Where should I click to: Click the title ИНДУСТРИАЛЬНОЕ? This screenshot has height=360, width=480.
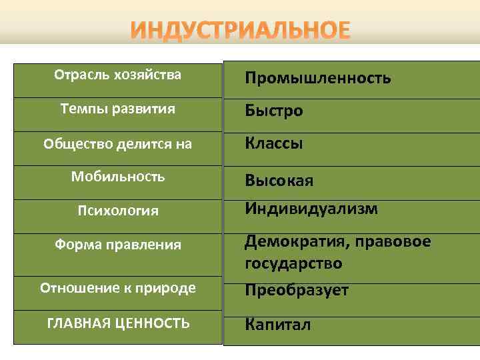239,31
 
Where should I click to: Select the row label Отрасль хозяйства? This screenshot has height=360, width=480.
117,75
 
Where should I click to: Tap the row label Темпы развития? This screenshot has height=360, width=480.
117,109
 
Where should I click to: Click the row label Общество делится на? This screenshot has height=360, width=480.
117,143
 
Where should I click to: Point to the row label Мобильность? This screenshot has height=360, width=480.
117,177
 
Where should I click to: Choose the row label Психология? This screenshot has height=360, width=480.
117,211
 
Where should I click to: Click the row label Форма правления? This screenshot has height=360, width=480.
117,245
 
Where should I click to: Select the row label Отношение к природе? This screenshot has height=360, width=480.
117,288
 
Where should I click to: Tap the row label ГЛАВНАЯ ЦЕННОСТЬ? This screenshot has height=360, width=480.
117,323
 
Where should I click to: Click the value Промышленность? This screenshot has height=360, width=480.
318,79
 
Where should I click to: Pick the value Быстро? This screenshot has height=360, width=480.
273,111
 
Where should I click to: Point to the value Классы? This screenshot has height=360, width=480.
273,143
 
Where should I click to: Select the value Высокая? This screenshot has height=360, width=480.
279,181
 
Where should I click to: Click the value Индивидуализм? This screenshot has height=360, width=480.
311,209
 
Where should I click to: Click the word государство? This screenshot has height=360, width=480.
293,263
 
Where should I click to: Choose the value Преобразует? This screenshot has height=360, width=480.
297,291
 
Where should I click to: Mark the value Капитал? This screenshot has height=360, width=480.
277,325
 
